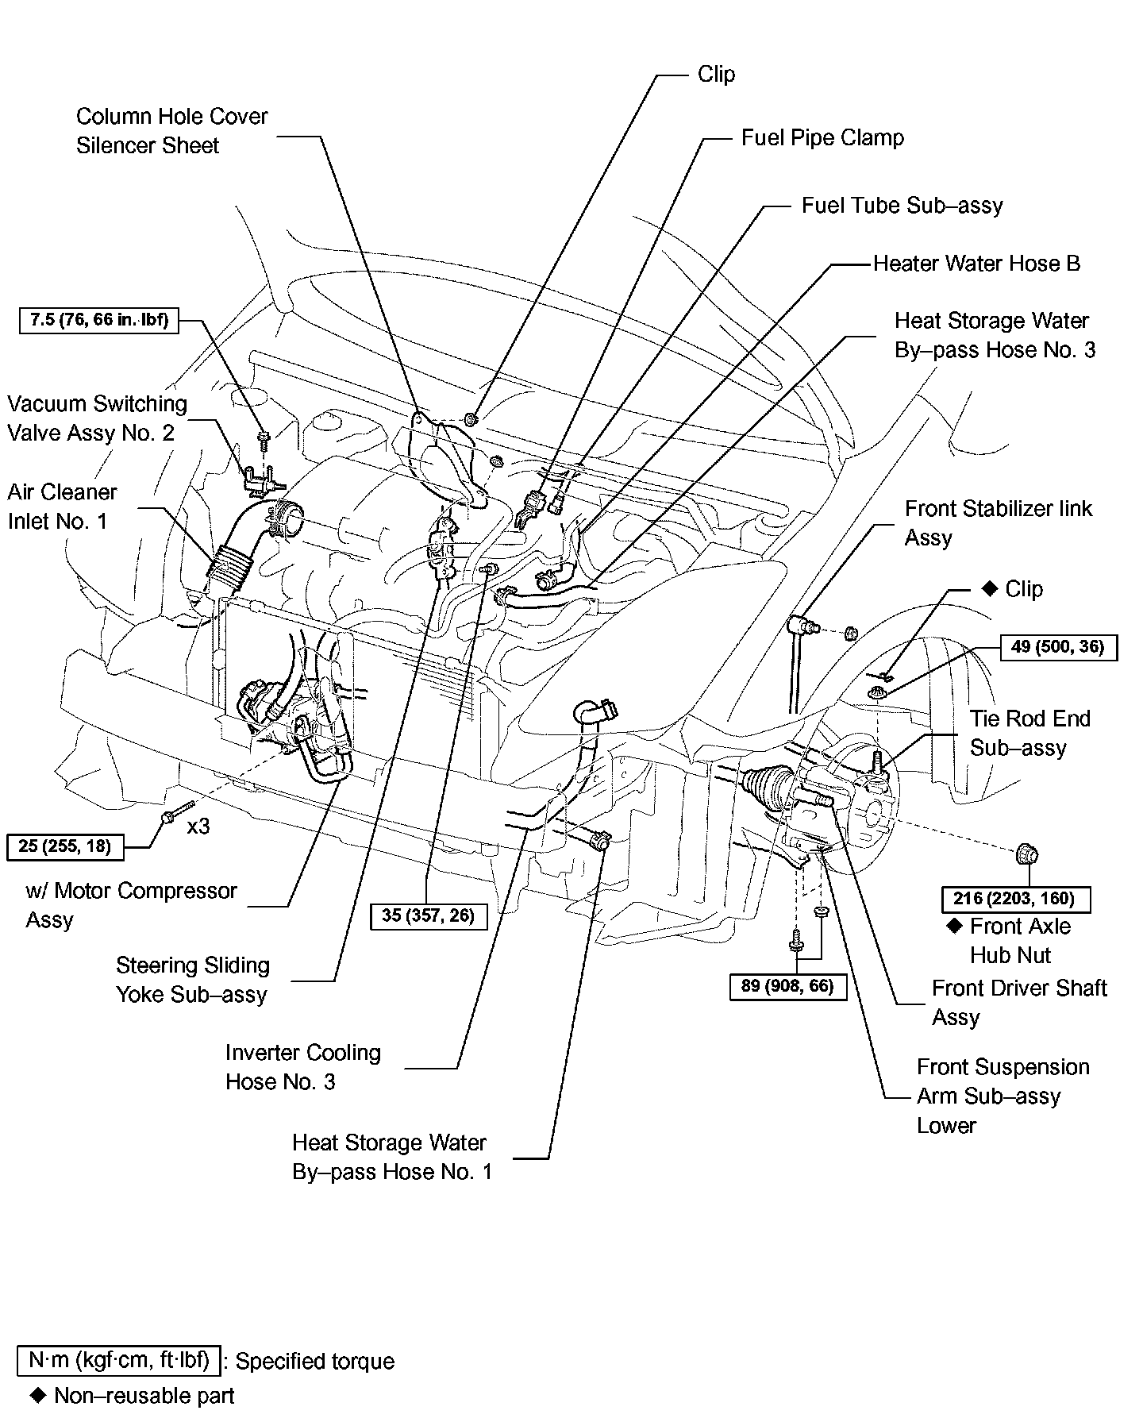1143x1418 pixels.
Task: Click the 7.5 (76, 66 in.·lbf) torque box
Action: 99,322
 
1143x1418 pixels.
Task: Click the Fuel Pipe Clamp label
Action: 822,138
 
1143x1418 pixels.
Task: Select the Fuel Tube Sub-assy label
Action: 902,206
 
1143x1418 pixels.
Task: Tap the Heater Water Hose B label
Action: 976,264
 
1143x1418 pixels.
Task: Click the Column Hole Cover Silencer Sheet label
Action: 171,131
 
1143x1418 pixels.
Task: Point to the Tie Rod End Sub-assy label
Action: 1029,733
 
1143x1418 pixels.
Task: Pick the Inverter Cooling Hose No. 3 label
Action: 302,1067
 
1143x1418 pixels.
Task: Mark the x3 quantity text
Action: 198,827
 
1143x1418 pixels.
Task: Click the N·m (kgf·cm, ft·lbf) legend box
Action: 118,1360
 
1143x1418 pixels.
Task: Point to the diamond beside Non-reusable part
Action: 37,1395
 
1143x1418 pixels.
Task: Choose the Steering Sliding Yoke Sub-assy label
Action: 192,980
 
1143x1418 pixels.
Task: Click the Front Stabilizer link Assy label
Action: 998,523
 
